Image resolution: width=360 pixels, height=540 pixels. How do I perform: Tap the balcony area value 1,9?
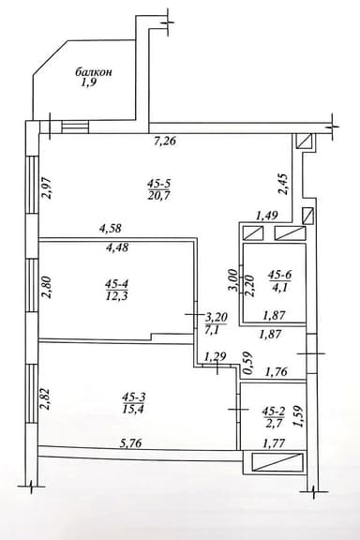point(89,83)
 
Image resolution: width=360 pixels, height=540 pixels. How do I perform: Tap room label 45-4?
point(117,284)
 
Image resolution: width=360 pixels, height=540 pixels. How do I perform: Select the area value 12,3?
point(118,297)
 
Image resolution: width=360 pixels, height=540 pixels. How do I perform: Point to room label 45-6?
point(280,275)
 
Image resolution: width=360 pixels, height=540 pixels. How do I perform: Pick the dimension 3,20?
point(217,317)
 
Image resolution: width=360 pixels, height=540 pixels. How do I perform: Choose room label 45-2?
point(273,411)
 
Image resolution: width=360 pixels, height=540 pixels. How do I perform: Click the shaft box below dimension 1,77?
point(273,461)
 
